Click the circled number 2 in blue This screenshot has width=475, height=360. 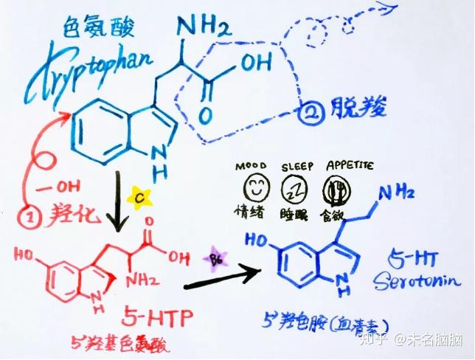pos(309,112)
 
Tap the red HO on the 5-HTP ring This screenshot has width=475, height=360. pos(23,255)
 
